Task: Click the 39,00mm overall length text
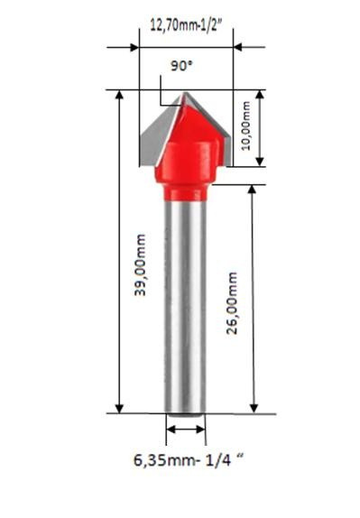coord(139,267)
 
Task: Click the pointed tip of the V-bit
coord(184,93)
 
